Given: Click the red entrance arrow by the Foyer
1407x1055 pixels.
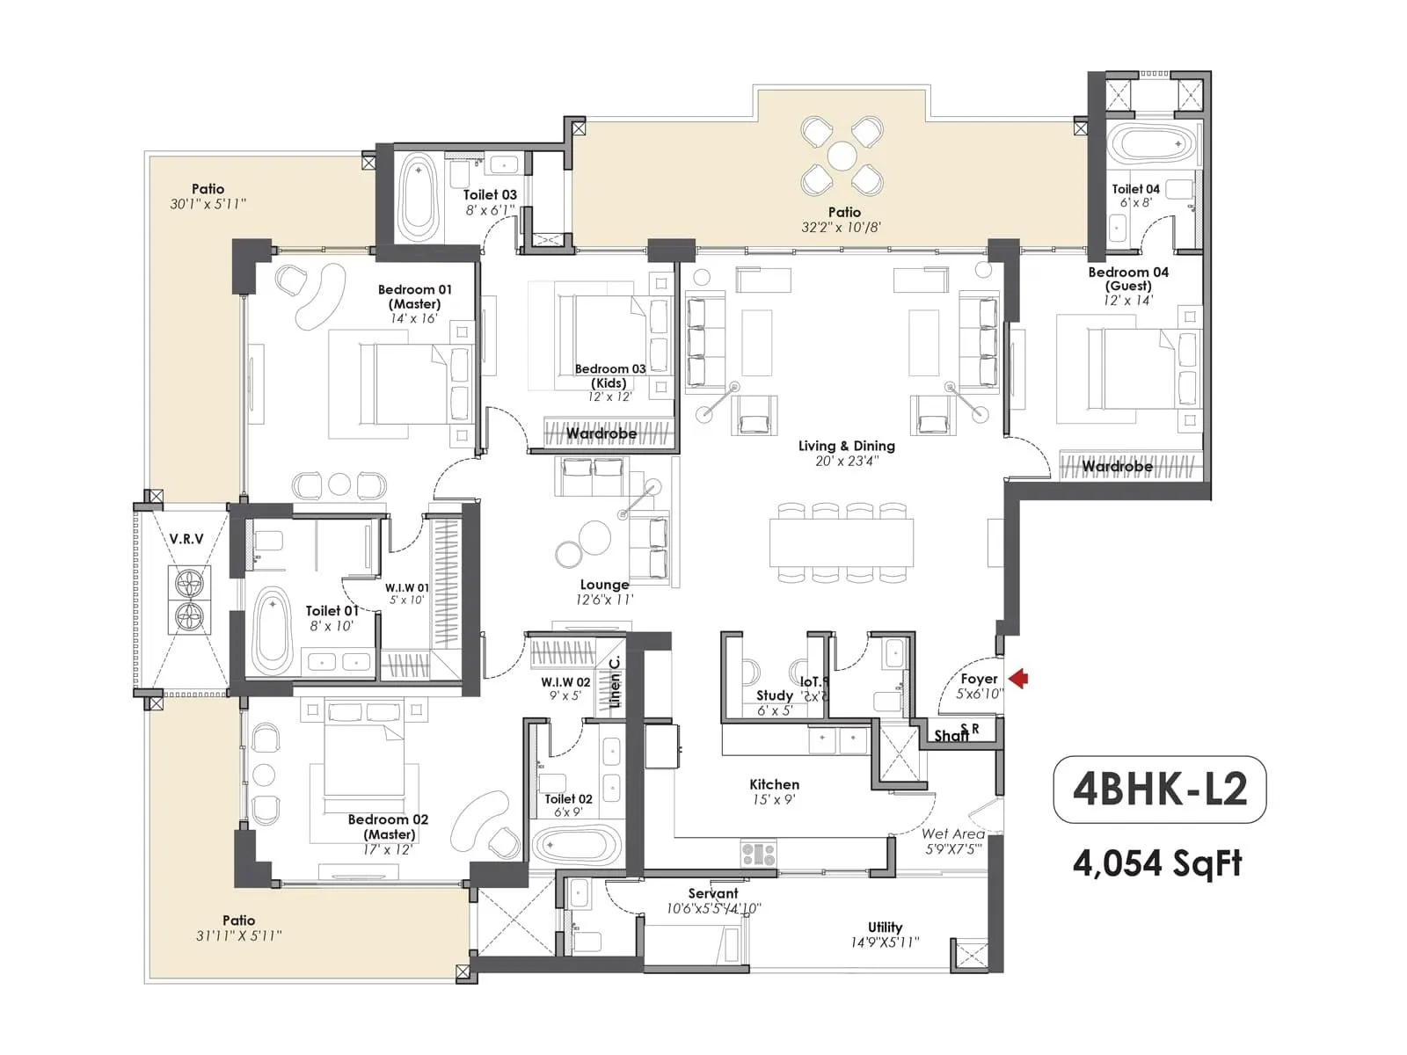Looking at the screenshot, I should pos(1019,678).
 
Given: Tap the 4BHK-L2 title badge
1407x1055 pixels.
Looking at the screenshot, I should pos(1159,789).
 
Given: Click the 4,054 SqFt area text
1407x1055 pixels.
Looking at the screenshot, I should pos(1157,863).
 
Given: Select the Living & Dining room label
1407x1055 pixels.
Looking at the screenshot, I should pos(846,446).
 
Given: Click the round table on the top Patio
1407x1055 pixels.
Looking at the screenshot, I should pos(842,156).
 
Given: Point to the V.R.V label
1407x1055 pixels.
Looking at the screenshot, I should pos(186,539).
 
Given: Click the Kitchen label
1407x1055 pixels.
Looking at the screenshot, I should pos(774,784).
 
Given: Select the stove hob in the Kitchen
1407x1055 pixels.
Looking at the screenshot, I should pos(758,853).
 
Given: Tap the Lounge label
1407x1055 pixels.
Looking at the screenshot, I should pos(604,585).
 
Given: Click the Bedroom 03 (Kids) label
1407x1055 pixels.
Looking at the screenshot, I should pos(609,375).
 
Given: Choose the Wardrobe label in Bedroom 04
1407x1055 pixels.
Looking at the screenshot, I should pos(1117,466).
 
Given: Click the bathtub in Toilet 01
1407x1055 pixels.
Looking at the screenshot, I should pos(273,629).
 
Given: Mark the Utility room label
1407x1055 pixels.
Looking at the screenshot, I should pos(885,927).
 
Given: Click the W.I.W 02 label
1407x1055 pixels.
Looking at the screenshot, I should pos(565,681).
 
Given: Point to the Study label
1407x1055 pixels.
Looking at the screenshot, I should pos(775,695).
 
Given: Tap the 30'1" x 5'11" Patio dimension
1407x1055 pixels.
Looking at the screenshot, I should pos(208,204).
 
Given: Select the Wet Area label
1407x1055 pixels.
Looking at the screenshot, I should pos(952,833).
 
